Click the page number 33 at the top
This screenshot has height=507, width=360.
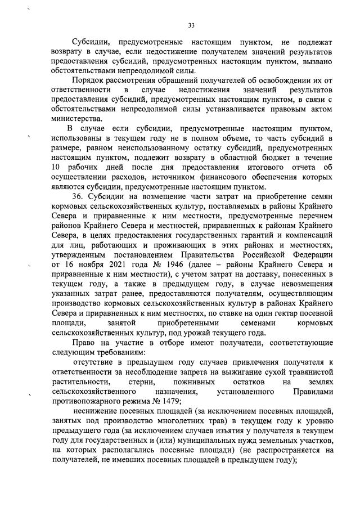click(x=191, y=25)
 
